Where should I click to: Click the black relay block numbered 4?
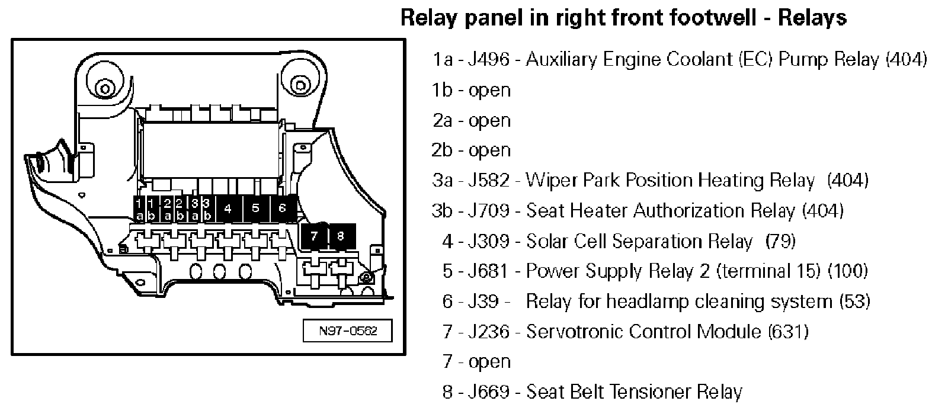click(228, 208)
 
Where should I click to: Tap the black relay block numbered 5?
click(255, 208)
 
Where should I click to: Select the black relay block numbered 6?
click(282, 208)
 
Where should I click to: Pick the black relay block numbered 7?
click(314, 236)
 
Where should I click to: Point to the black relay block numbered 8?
click(340, 236)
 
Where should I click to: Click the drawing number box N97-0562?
click(348, 331)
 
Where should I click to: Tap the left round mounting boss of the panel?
click(104, 89)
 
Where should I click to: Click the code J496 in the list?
click(488, 59)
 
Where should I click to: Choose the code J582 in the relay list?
click(488, 180)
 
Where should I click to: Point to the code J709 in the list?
click(488, 211)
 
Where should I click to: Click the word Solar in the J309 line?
click(548, 241)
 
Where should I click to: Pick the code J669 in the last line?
click(488, 392)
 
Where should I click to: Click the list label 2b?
click(442, 150)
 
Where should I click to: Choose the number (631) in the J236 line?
click(788, 332)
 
